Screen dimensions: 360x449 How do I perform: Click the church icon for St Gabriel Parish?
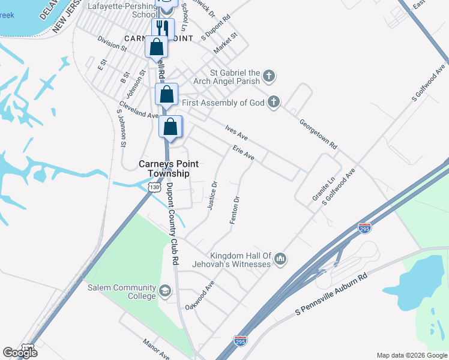click(270, 76)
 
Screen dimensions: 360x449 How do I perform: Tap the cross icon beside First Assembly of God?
click(274, 102)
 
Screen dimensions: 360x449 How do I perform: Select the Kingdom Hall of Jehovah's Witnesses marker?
click(280, 259)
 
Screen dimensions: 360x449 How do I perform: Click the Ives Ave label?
click(236, 133)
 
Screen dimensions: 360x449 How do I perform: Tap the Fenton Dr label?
click(235, 211)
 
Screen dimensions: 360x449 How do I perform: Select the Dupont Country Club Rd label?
click(172, 224)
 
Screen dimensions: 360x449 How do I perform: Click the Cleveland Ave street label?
click(138, 109)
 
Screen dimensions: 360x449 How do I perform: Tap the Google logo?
click(20, 353)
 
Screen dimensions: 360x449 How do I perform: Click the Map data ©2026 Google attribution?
click(412, 355)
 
